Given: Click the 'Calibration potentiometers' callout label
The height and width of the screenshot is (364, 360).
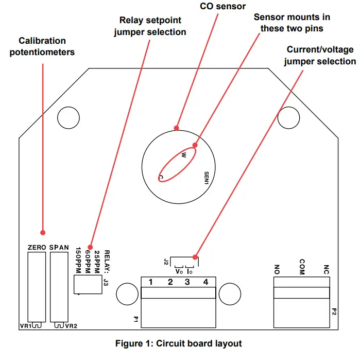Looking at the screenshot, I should pyautogui.click(x=42, y=46).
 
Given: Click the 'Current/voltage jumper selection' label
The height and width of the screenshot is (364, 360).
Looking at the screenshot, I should pyautogui.click(x=320, y=56).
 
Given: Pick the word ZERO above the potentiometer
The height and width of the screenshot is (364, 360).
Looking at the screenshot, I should pyautogui.click(x=38, y=247).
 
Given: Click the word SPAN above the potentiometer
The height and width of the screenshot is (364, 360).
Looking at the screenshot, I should pyautogui.click(x=59, y=247).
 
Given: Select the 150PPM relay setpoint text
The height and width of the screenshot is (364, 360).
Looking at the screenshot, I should pyautogui.click(x=78, y=260).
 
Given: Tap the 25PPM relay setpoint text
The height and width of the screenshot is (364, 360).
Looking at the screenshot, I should pyautogui.click(x=96, y=260).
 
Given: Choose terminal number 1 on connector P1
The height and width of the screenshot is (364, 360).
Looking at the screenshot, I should pyautogui.click(x=151, y=282).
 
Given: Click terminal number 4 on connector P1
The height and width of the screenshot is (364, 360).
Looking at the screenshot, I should pyautogui.click(x=205, y=282).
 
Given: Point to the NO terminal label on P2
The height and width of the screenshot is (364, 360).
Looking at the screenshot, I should pyautogui.click(x=278, y=269).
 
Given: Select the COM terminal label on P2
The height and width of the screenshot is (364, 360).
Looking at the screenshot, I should pyautogui.click(x=302, y=267).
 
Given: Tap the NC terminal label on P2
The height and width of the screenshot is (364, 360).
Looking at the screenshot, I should pyautogui.click(x=326, y=269).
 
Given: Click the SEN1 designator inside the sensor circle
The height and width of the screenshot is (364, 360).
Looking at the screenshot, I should pyautogui.click(x=207, y=178).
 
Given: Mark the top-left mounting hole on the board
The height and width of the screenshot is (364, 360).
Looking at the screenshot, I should pyautogui.click(x=68, y=118).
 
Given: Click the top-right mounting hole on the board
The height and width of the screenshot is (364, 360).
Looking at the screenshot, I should pyautogui.click(x=289, y=118).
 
